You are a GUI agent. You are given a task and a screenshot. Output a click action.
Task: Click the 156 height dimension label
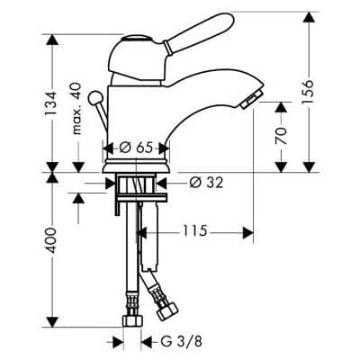(x=308, y=93)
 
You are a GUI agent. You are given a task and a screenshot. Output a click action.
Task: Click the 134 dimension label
(x=50, y=103)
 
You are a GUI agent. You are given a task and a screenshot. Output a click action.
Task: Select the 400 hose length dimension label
(x=50, y=240)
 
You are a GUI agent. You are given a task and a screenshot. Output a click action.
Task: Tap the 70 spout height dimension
(x=281, y=136)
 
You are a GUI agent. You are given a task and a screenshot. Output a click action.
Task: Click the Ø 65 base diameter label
(x=136, y=148)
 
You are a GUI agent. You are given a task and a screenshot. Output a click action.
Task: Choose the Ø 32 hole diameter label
(x=207, y=182)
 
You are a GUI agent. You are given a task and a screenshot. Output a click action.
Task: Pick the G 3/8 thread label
(x=182, y=341)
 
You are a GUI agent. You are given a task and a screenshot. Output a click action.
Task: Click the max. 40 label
(x=76, y=109)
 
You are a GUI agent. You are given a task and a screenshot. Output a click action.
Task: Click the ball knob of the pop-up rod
(x=95, y=97)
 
